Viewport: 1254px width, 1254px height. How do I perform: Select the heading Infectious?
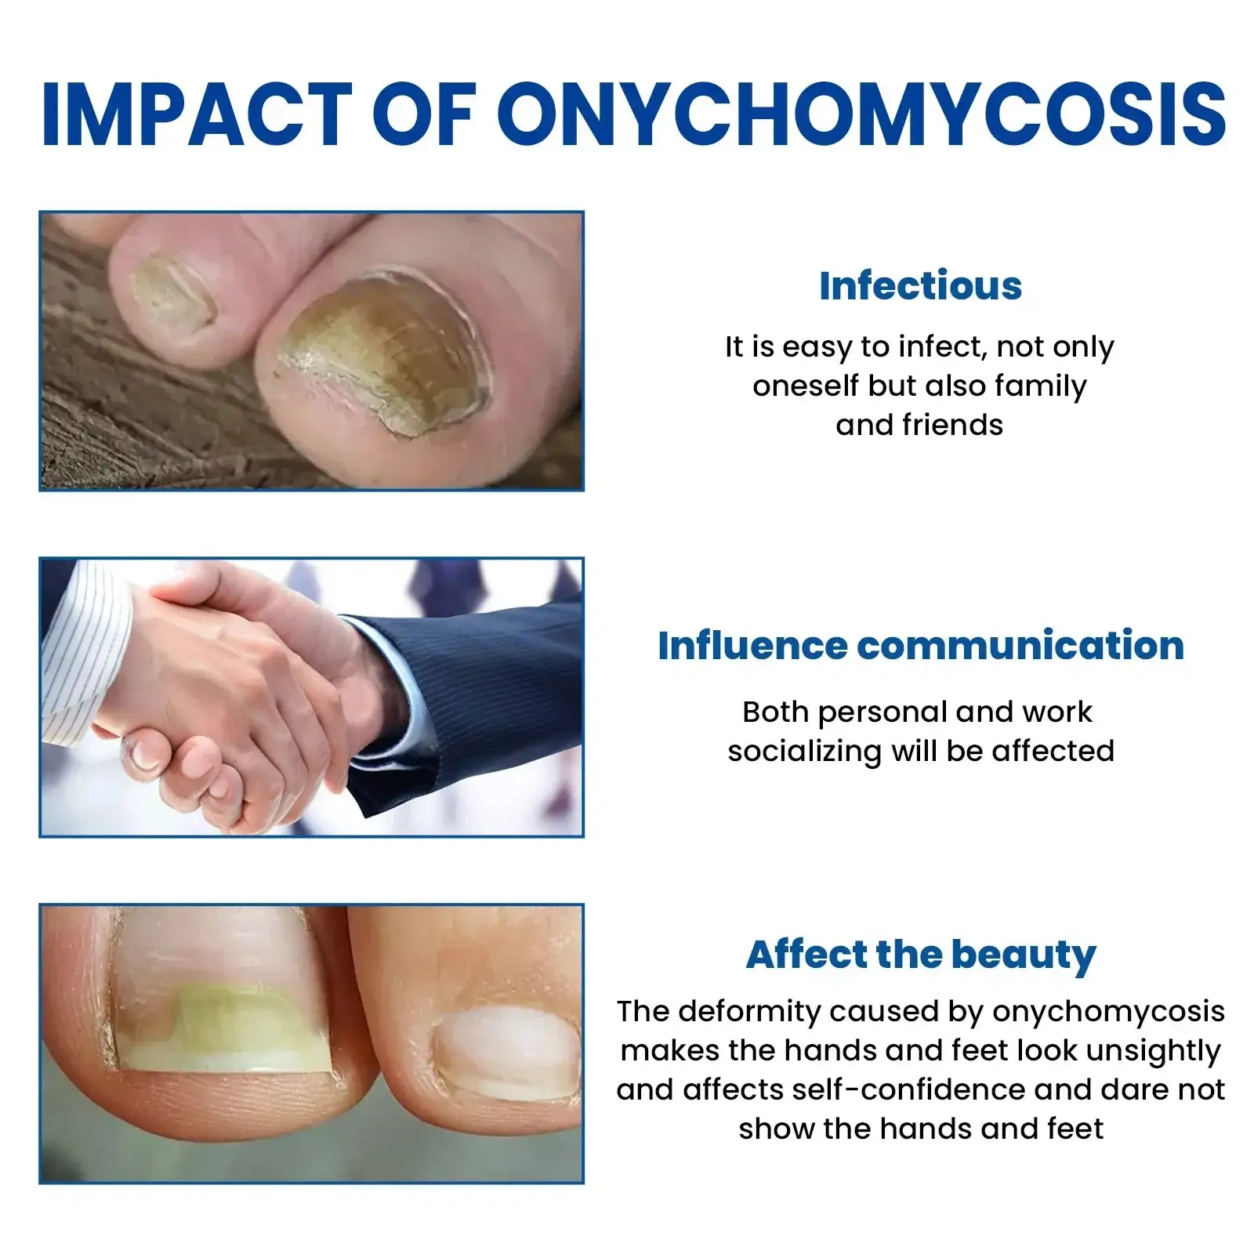[x=920, y=285]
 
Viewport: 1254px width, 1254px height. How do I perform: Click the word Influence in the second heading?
[x=752, y=646]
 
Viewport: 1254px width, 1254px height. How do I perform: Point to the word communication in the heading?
[x=1020, y=646]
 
